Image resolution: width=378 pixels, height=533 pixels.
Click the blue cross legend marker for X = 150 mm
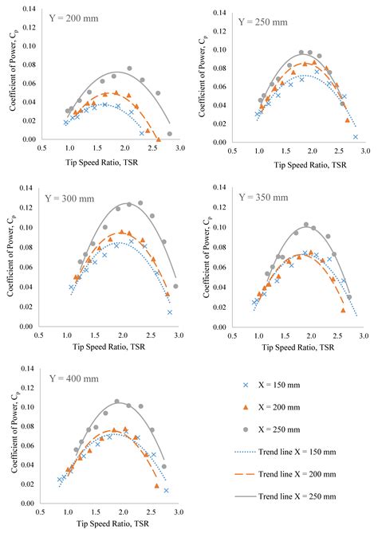(x=246, y=385)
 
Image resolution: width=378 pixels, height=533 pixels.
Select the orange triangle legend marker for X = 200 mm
(x=246, y=407)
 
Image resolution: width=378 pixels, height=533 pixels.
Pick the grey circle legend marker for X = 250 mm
(x=246, y=429)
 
